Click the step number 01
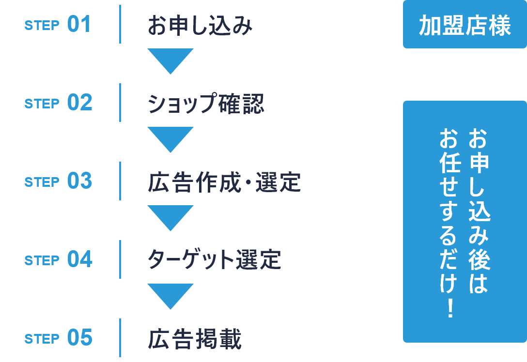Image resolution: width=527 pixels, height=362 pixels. [79, 25]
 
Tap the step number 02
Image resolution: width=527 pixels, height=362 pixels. [79, 103]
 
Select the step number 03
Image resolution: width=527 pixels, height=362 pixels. [79, 181]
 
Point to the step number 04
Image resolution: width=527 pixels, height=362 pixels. [79, 260]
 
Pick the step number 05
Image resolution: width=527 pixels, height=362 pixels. [79, 338]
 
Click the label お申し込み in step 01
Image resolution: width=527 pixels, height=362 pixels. [200, 26]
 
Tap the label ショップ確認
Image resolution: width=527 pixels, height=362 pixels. [206, 104]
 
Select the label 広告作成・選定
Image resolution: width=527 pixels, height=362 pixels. [224, 182]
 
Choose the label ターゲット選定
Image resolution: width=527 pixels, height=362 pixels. [215, 261]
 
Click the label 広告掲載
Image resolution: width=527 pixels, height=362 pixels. [195, 339]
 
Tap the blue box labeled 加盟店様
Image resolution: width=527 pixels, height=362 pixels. [465, 25]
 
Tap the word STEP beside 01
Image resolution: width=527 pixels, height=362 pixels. [42, 26]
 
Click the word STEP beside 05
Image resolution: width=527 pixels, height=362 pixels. [42, 339]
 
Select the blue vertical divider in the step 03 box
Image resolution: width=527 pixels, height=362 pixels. [120, 181]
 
